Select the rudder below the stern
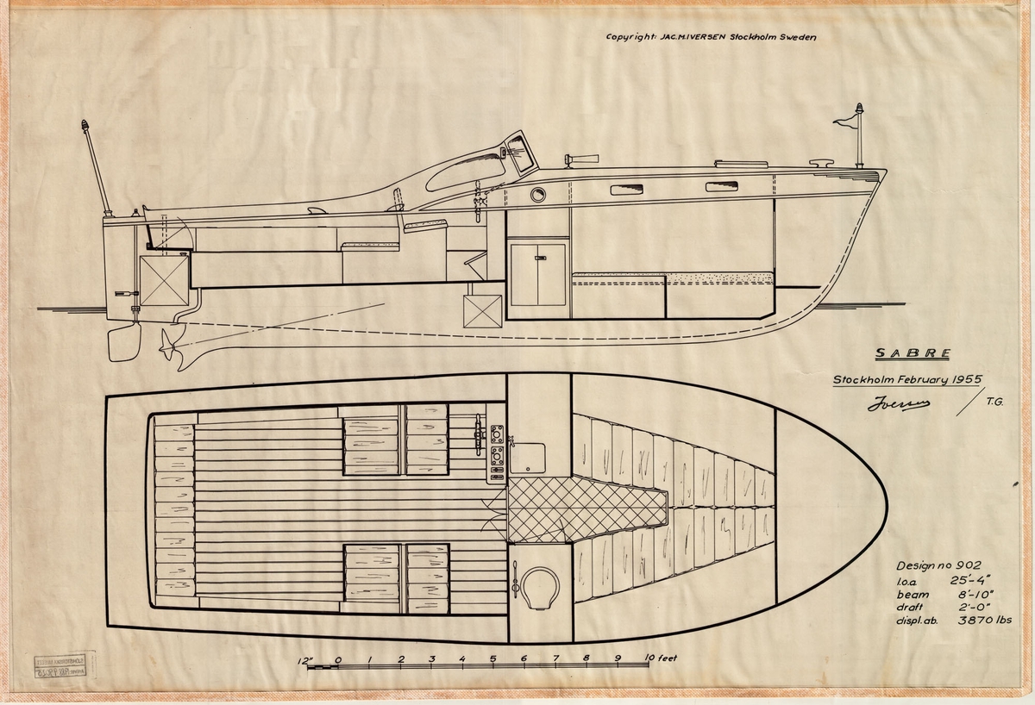[x=124, y=342]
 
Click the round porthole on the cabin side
[x=538, y=195]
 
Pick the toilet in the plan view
[x=540, y=587]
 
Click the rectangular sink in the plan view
[x=527, y=456]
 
